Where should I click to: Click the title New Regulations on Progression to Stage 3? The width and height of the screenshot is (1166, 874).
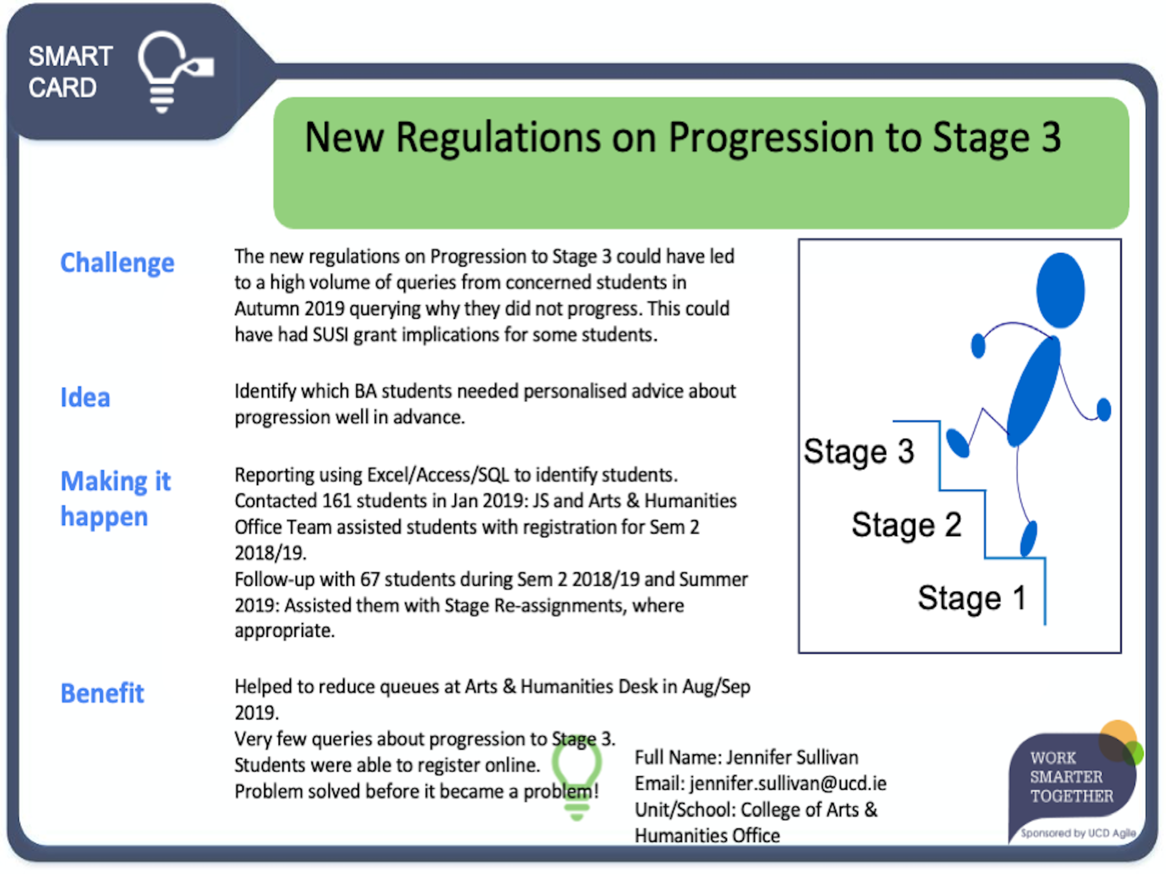point(683,138)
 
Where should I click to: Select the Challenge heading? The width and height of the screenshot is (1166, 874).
point(117,263)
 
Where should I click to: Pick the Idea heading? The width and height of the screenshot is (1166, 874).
point(85,397)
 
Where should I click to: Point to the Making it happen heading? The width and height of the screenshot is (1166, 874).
point(115,498)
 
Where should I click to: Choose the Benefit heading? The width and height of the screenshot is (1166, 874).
point(102,693)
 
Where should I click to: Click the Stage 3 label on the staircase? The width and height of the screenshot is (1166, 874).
point(859,451)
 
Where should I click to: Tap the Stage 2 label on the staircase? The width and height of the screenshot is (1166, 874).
point(906,524)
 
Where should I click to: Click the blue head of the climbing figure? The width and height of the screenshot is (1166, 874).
point(1060,290)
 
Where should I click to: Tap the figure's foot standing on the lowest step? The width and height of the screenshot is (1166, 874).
point(1029,538)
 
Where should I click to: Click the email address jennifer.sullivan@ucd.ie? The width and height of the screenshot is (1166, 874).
point(788,783)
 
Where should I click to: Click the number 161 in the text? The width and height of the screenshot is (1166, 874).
point(337,501)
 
